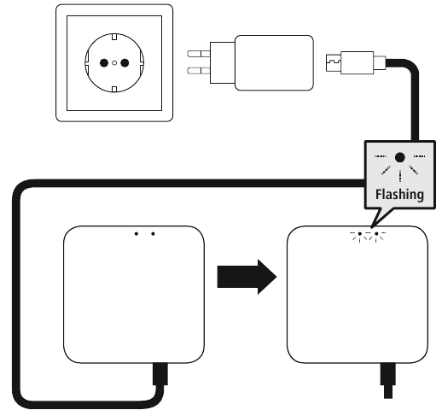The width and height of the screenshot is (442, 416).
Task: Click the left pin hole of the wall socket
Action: pyautogui.click(x=104, y=62)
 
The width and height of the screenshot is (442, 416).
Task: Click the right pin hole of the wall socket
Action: pyautogui.click(x=125, y=62)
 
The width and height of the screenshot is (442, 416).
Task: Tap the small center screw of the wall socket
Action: pyautogui.click(x=114, y=63)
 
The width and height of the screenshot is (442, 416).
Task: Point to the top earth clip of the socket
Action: pyautogui.click(x=114, y=37)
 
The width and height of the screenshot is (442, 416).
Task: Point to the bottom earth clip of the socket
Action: pyautogui.click(x=114, y=89)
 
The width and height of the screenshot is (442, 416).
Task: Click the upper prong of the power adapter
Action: pyautogui.click(x=199, y=54)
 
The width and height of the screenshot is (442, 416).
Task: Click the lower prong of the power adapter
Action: pyautogui.click(x=199, y=70)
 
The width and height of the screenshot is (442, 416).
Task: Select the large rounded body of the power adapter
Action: pyautogui.click(x=274, y=62)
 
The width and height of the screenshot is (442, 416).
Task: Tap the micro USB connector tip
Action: pyautogui.click(x=334, y=62)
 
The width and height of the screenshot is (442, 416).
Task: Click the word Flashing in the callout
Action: pyautogui.click(x=399, y=195)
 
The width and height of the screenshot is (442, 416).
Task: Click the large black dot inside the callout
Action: pyautogui.click(x=400, y=157)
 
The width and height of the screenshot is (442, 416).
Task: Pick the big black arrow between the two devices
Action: pyautogui.click(x=247, y=277)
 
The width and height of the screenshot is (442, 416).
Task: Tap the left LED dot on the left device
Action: pyautogui.click(x=137, y=234)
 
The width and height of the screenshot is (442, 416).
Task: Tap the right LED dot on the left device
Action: pyautogui.click(x=153, y=234)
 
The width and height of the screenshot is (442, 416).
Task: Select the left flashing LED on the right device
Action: pyautogui.click(x=360, y=234)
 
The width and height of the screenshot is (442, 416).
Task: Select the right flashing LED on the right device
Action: pyautogui.click(x=376, y=234)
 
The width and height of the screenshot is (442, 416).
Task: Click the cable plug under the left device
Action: pyautogui.click(x=160, y=374)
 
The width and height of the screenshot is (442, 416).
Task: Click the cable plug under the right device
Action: pyautogui.click(x=388, y=381)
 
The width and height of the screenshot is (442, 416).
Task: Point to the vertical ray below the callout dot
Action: pyautogui.click(x=400, y=176)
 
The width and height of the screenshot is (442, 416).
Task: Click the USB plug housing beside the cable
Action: pyautogui.click(x=357, y=62)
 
